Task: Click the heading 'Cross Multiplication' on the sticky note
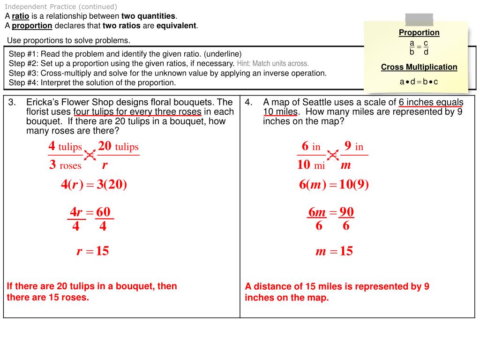click(x=419, y=67)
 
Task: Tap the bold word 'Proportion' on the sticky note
click(x=419, y=32)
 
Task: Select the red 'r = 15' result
click(x=93, y=251)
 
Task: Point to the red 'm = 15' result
click(x=334, y=251)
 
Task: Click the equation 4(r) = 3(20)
click(x=94, y=185)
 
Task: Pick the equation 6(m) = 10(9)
click(x=334, y=185)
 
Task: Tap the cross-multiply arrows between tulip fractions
click(x=90, y=156)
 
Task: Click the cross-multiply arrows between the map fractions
click(x=333, y=156)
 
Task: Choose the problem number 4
click(x=248, y=102)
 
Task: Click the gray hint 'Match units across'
click(x=273, y=63)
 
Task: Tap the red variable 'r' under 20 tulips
click(x=105, y=165)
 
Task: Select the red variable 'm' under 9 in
click(x=346, y=165)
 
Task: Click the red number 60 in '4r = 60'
click(x=103, y=212)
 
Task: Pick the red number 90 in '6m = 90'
click(x=346, y=212)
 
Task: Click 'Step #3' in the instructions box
click(x=23, y=73)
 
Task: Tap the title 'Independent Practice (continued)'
click(x=61, y=7)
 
